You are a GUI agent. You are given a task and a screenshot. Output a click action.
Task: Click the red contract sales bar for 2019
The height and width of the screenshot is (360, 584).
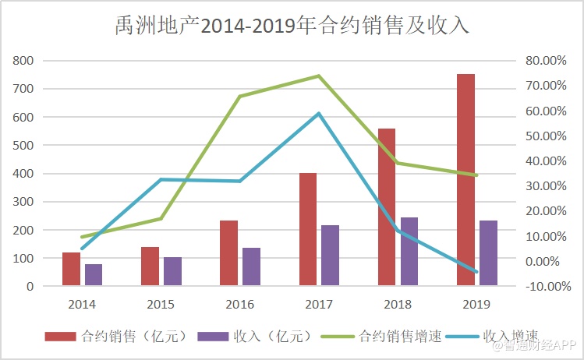(x=465, y=180)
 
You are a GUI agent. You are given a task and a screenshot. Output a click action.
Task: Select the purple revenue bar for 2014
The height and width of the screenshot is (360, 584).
(x=94, y=275)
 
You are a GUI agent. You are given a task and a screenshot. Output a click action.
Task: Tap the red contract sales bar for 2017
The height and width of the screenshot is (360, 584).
(x=308, y=229)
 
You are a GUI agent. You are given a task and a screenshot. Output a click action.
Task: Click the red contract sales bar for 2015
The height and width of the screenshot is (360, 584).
(x=150, y=266)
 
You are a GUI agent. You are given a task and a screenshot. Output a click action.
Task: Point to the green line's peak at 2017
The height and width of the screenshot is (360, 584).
(x=319, y=76)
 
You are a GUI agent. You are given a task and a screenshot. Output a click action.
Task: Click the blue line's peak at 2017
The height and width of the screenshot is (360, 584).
(x=319, y=114)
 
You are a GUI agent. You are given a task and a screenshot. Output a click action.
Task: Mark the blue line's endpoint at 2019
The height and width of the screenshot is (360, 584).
(x=476, y=272)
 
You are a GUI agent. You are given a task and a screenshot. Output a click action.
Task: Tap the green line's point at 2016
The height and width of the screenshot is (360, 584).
(x=240, y=97)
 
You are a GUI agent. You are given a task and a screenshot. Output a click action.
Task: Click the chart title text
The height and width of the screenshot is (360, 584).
(x=291, y=25)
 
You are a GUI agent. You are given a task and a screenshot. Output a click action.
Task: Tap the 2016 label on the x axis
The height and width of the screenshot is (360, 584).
(x=239, y=302)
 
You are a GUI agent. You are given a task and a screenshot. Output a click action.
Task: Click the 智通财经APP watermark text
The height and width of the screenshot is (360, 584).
(x=536, y=343)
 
